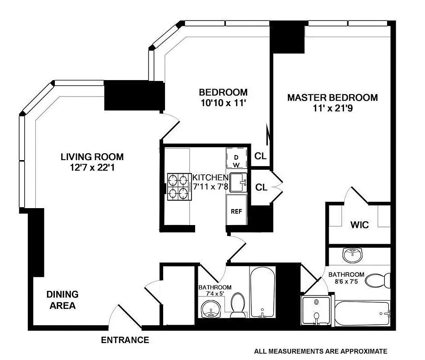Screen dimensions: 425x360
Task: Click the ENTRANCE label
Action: [x=125, y=340]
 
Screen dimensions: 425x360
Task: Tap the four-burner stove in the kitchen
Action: [x=180, y=187]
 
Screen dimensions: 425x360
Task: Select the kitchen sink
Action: [x=238, y=183]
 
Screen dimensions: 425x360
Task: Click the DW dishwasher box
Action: [x=236, y=158]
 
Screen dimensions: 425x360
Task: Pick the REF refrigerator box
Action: [x=236, y=210]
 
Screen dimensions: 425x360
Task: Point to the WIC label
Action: [x=359, y=225]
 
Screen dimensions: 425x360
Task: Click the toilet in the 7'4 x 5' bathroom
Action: [x=238, y=305]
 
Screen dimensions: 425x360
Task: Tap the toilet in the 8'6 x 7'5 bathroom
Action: [x=377, y=280]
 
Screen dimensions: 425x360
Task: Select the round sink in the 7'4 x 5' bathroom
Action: [x=212, y=309]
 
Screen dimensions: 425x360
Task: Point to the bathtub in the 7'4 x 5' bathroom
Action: [x=262, y=292]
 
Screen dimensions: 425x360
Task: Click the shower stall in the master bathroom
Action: [x=316, y=311]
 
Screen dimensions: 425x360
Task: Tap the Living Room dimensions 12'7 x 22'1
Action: [x=92, y=168]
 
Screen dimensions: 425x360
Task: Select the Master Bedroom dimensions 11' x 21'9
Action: [x=333, y=108]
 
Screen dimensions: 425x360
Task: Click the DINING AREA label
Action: [x=62, y=300]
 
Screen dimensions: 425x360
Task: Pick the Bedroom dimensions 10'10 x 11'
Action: [x=223, y=103]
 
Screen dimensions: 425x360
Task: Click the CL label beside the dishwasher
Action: [x=260, y=156]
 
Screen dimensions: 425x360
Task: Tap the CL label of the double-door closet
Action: [x=261, y=187]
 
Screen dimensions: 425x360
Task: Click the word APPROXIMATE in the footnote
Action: [x=364, y=351]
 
